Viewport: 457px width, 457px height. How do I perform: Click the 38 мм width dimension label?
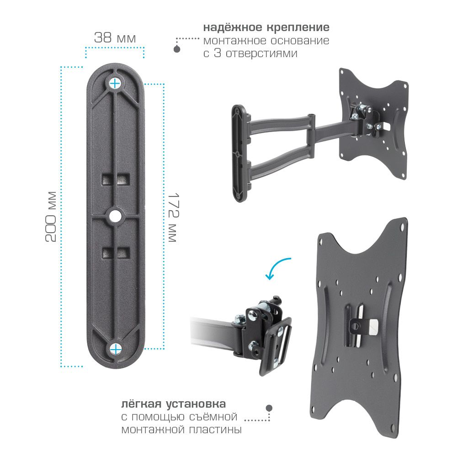[115, 38]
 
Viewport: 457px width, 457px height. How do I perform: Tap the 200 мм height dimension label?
[51, 217]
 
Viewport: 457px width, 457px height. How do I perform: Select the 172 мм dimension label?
[173, 217]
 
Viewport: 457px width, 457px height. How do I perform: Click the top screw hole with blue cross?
[115, 84]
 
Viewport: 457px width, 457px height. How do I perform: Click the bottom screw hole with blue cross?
[116, 349]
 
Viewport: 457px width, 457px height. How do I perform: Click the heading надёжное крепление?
[266, 27]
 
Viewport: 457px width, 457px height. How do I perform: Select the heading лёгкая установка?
[173, 404]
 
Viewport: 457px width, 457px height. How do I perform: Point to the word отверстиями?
[261, 53]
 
